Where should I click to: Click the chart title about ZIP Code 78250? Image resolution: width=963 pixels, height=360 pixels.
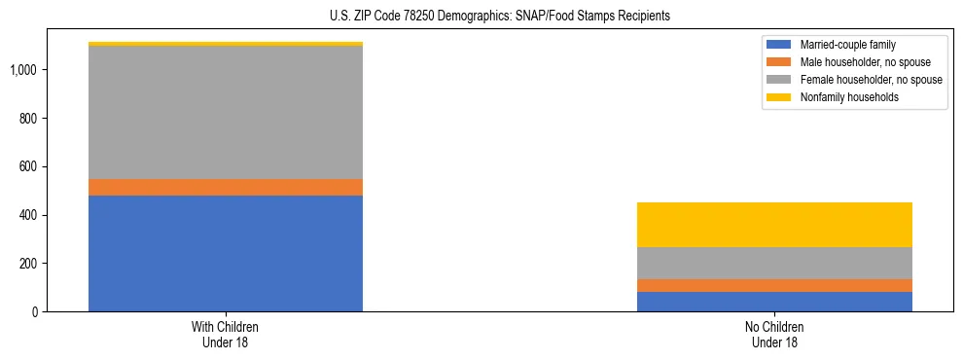tap(482, 17)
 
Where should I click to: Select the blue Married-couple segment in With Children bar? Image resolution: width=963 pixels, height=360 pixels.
tap(226, 253)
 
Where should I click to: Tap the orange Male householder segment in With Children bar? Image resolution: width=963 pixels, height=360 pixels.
tap(226, 187)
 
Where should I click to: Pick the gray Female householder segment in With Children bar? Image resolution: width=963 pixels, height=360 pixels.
tap(226, 113)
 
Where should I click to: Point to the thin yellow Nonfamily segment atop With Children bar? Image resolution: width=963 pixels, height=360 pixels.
tap(226, 44)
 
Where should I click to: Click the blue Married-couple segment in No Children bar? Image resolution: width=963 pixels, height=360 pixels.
tap(774, 302)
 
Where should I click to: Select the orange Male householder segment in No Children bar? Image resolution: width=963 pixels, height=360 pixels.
tap(774, 285)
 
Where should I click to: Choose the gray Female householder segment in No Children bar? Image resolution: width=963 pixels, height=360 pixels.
tap(774, 263)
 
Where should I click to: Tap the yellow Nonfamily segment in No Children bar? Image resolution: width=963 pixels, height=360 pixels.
tap(774, 225)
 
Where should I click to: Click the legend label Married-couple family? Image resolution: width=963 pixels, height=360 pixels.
tap(847, 45)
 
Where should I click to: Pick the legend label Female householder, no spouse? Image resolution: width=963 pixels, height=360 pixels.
tap(871, 80)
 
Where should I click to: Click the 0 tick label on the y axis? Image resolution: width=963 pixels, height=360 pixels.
tap(36, 312)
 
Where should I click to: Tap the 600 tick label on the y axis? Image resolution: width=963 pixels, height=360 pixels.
tap(29, 166)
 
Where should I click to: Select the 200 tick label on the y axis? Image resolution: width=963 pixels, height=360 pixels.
tap(29, 264)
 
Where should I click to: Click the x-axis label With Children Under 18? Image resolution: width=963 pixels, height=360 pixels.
tap(226, 335)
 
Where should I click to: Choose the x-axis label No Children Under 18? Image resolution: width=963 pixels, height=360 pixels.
tap(774, 335)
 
